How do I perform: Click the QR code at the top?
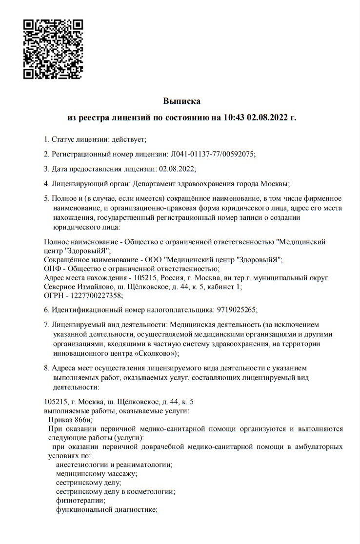point(53,49)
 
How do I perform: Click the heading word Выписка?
point(181,101)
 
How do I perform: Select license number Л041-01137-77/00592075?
point(212,154)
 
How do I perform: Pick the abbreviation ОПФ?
point(53,269)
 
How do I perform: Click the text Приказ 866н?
point(70,420)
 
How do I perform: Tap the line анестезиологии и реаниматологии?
point(114,465)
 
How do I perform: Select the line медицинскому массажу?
point(96,473)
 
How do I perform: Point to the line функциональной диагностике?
point(106,509)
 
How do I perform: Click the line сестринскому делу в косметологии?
point(115,491)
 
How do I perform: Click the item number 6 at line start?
point(46,310)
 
